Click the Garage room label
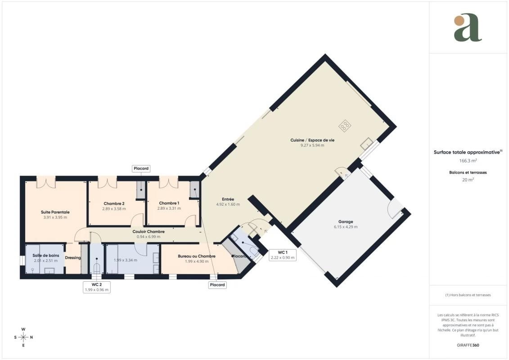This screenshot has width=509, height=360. point(345,222)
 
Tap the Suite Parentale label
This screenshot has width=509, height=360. point(55,212)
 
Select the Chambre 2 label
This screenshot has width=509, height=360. point(114,203)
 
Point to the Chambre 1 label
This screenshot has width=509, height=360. point(169,203)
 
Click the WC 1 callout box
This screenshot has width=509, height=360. point(283,255)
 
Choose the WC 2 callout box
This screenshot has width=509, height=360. point(97,287)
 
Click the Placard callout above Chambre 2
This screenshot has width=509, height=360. point(141,168)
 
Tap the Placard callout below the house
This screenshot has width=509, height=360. point(217,285)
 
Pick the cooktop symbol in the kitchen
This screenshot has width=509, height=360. point(345,125)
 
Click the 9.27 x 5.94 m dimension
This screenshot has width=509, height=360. point(312,145)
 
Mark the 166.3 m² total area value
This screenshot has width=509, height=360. point(468,160)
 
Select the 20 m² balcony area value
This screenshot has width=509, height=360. point(468,180)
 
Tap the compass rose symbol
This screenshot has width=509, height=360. point(23,337)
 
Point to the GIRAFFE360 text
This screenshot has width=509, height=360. point(468,345)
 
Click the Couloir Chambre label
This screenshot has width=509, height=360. point(149,231)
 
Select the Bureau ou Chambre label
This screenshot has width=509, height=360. point(196,256)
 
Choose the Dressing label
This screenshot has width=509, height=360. point(73,258)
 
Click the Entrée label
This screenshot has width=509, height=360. point(228,199)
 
